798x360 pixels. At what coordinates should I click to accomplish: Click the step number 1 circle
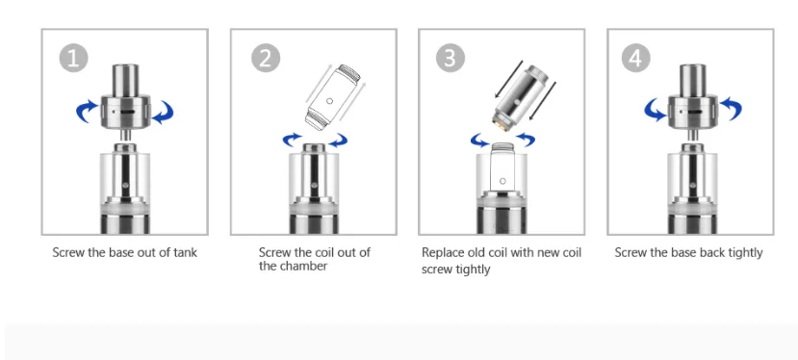74,58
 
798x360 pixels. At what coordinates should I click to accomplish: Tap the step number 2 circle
266,58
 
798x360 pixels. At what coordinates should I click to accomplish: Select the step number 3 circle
450,58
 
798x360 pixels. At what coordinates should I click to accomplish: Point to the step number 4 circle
635,58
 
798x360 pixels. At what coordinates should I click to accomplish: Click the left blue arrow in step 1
86,111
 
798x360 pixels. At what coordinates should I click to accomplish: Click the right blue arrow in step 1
164,112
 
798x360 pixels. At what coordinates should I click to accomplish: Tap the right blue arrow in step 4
731,108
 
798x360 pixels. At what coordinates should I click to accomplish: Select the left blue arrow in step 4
655,110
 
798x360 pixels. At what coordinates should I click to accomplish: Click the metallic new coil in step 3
521,95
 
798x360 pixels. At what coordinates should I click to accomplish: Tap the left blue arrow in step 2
292,140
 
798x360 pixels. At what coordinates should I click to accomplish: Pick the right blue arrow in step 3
526,140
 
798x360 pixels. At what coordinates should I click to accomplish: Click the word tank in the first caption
184,252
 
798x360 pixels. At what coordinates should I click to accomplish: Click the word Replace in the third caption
442,253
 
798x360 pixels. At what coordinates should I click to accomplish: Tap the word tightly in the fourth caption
744,253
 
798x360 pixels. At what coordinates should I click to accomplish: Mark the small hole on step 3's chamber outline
503,181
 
